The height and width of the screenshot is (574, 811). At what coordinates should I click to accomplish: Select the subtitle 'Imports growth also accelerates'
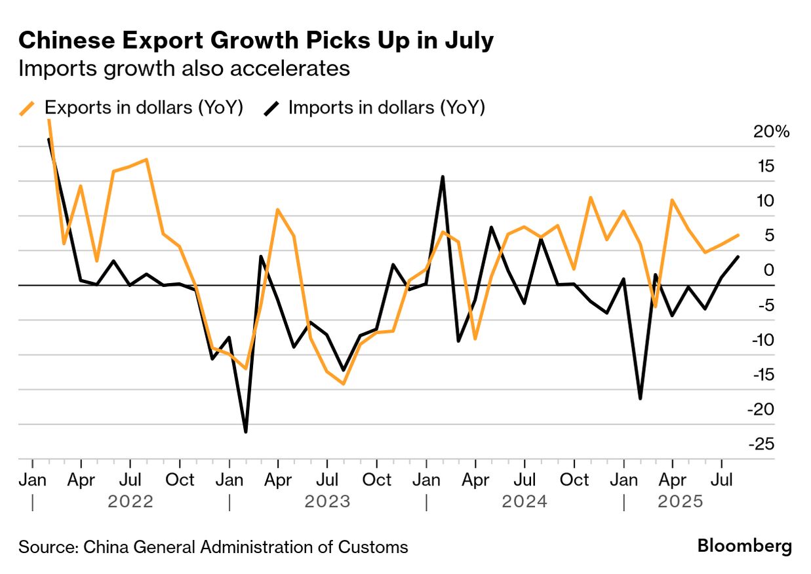click(x=184, y=68)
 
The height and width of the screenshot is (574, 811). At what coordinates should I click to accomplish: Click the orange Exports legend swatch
click(x=28, y=107)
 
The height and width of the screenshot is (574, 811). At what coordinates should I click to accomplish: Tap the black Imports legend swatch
click(x=273, y=107)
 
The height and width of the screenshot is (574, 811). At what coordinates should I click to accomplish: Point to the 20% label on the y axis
click(x=772, y=132)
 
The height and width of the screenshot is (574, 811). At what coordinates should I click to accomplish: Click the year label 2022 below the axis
click(x=130, y=503)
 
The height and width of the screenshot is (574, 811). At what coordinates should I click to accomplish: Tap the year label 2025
click(x=681, y=503)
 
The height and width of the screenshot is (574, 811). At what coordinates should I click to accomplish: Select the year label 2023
click(x=327, y=503)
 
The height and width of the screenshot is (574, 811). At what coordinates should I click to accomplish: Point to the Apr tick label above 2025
click(x=671, y=480)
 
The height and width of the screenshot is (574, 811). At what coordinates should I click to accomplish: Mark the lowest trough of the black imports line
click(x=245, y=432)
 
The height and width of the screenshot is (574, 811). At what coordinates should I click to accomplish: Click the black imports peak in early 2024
click(x=443, y=177)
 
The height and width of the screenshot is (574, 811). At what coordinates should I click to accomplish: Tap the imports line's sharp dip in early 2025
click(x=640, y=398)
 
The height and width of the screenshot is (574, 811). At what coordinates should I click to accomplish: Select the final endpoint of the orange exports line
click(x=739, y=235)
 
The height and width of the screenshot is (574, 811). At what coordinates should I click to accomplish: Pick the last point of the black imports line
click(x=739, y=257)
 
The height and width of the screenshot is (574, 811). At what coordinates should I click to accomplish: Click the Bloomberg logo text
click(x=744, y=546)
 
